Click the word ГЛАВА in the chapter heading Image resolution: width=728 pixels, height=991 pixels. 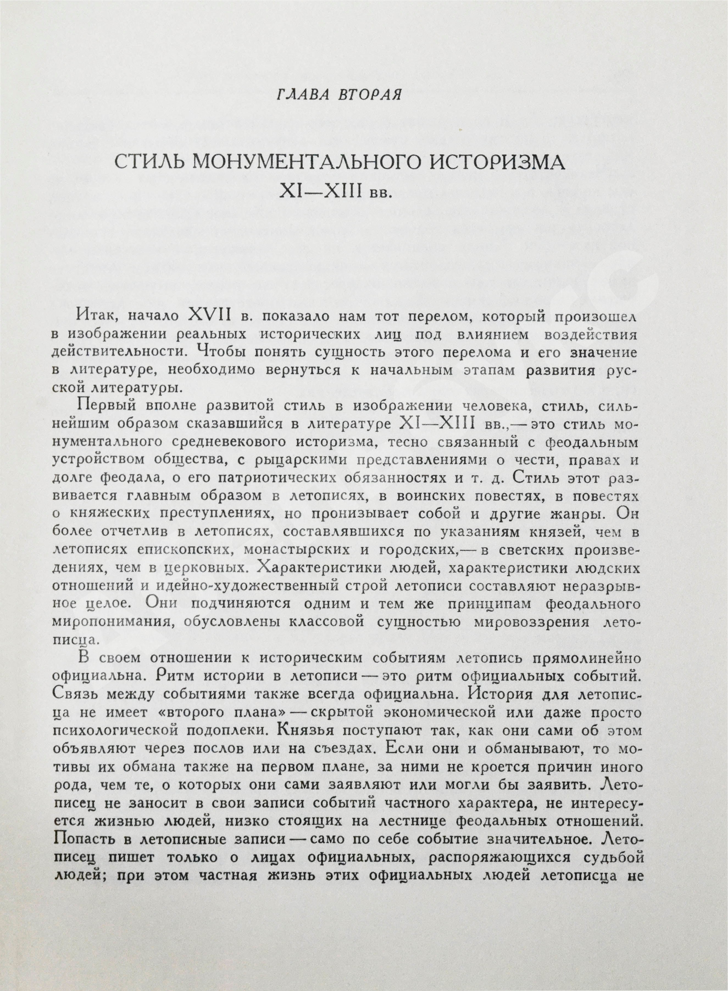[x=301, y=95]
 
